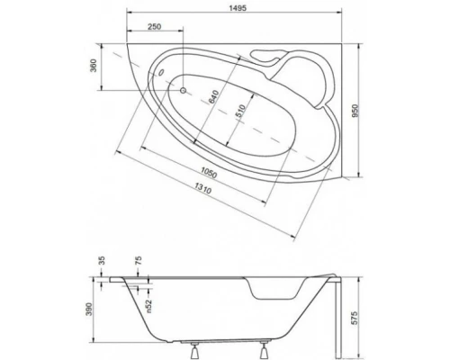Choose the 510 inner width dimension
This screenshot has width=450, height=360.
tap(239, 111)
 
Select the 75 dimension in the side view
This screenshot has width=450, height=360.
tap(138, 262)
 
